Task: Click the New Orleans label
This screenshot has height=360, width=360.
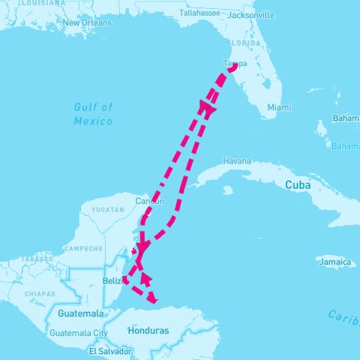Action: pyautogui.click(x=87, y=22)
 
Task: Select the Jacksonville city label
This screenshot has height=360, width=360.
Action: pyautogui.click(x=250, y=15)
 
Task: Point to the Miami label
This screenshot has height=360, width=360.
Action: pyautogui.click(x=279, y=107)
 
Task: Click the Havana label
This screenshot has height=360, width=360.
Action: pyautogui.click(x=237, y=161)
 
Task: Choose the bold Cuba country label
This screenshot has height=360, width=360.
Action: pyautogui.click(x=298, y=184)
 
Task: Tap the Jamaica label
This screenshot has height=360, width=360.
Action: pyautogui.click(x=334, y=262)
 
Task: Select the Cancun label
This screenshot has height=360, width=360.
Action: pyautogui.click(x=149, y=201)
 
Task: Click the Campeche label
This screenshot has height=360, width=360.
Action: pyautogui.click(x=83, y=248)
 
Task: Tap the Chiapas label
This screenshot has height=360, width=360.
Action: pyautogui.click(x=40, y=294)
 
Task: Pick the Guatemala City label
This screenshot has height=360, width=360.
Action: pyautogui.click(x=79, y=333)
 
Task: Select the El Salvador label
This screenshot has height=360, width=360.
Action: pyautogui.click(x=110, y=350)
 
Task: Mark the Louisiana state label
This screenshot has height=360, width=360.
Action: pyautogui.click(x=42, y=3)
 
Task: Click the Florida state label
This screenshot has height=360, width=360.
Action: pyautogui.click(x=247, y=43)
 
